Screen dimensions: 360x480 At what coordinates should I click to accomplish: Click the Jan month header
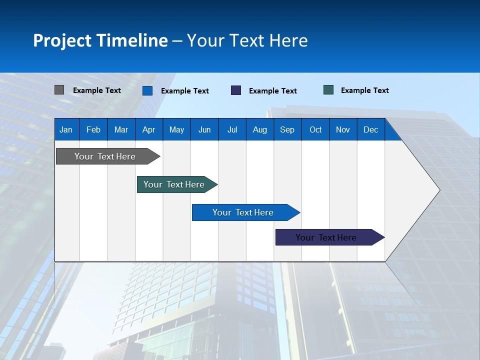pos(66,129)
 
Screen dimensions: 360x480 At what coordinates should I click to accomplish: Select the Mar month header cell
pos(121,129)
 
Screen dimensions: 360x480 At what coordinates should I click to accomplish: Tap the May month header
pos(176,129)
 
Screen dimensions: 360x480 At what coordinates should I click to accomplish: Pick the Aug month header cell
pos(259,129)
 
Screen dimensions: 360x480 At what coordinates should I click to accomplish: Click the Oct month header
pos(315,129)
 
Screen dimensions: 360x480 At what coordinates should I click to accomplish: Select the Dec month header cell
pos(370,129)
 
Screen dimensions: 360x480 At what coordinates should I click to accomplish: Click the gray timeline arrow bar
pos(105,156)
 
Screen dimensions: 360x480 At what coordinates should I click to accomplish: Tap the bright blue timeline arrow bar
pos(243,212)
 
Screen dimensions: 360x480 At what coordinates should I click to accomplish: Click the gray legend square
pos(59,90)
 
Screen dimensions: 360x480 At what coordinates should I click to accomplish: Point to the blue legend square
pos(147,90)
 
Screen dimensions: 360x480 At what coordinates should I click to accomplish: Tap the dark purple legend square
pos(236,90)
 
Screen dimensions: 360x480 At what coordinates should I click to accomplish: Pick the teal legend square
pos(328,90)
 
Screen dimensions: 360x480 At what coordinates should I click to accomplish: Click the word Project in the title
pos(62,40)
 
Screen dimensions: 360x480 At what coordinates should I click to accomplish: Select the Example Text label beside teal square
pos(364,90)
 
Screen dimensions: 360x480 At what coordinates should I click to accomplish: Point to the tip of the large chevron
pos(439,190)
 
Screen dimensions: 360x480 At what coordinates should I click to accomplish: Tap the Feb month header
pos(93,129)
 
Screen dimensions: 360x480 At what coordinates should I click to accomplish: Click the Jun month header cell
pos(204,129)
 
